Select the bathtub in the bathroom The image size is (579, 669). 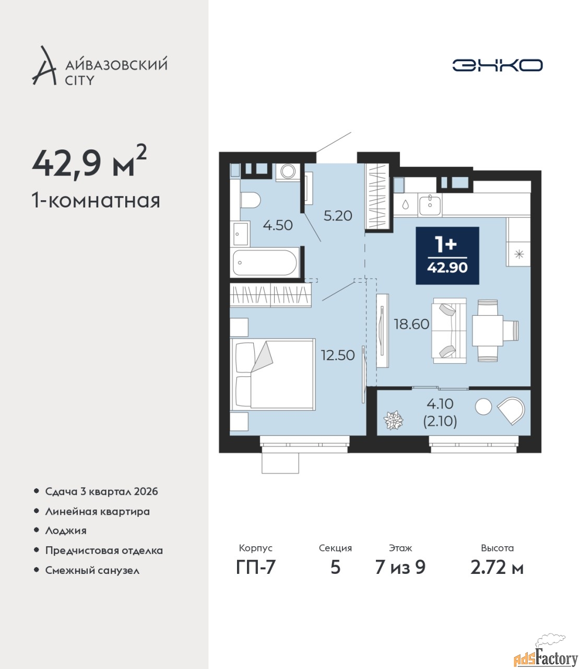(265, 262)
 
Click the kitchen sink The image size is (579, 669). (430, 204)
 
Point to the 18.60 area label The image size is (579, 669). (411, 324)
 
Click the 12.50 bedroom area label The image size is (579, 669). (337, 355)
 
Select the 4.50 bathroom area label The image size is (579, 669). (278, 225)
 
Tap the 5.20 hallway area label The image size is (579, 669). (338, 215)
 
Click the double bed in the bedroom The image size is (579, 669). (273, 374)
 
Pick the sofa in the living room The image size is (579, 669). (449, 330)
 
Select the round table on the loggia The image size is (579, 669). (483, 406)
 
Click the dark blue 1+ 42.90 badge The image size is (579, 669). (447, 256)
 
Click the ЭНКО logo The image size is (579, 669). (497, 65)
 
